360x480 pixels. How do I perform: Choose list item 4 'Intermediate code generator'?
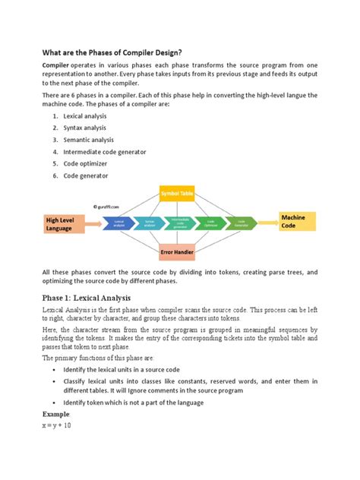(105, 151)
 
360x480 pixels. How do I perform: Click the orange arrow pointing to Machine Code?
(267, 223)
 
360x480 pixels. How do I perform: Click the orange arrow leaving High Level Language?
(92, 223)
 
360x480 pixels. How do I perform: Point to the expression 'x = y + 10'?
(56, 425)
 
